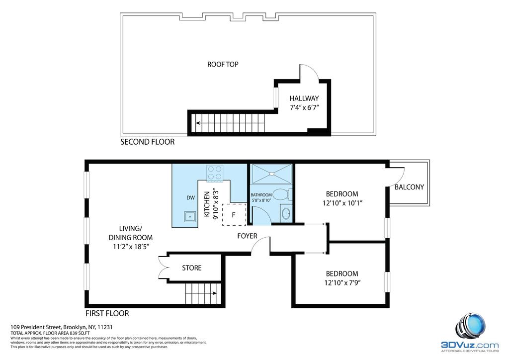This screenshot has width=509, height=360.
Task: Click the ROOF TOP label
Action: pyautogui.click(x=223, y=64)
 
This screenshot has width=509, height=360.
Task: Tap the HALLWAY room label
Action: pyautogui.click(x=304, y=98)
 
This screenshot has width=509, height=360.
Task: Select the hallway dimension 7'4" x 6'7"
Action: pyautogui.click(x=304, y=107)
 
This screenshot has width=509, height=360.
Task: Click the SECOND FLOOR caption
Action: pyautogui.click(x=147, y=142)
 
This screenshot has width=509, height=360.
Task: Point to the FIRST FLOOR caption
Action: pyautogui.click(x=107, y=313)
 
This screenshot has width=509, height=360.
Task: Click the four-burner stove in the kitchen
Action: pyautogui.click(x=215, y=173)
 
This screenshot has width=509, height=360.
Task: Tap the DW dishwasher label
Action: pyautogui.click(x=190, y=198)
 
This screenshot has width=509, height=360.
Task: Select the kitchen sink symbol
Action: pyautogui.click(x=189, y=216)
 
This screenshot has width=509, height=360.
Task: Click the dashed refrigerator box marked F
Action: pyautogui.click(x=234, y=215)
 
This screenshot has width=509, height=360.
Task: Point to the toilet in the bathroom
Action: pyautogui.click(x=282, y=194)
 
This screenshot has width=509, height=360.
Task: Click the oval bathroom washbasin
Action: pyautogui.click(x=286, y=213)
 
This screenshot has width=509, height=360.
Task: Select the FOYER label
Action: pyautogui.click(x=247, y=236)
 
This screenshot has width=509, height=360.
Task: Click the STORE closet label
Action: pyautogui.click(x=191, y=268)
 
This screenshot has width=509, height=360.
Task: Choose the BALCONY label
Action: pyautogui.click(x=410, y=187)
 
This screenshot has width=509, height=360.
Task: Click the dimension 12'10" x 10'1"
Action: pyautogui.click(x=342, y=203)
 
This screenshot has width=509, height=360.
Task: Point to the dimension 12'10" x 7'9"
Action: pyautogui.click(x=342, y=283)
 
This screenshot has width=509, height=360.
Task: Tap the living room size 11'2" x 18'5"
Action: pyautogui.click(x=131, y=247)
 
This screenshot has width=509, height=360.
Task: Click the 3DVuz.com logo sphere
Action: pyautogui.click(x=471, y=326)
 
